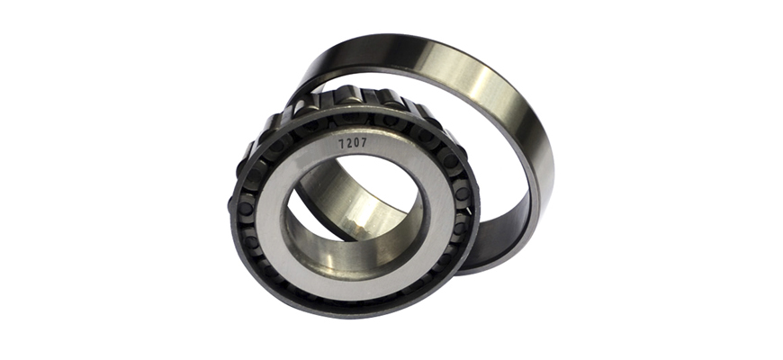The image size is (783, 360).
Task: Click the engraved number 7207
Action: [x=353, y=143]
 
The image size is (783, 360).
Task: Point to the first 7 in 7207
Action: [x=342, y=144]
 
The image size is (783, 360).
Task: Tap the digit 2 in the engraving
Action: [x=349, y=143]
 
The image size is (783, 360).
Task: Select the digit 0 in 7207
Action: [x=356, y=143]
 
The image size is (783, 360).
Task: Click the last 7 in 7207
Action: [x=364, y=142]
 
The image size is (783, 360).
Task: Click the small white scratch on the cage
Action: [x=468, y=211]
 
